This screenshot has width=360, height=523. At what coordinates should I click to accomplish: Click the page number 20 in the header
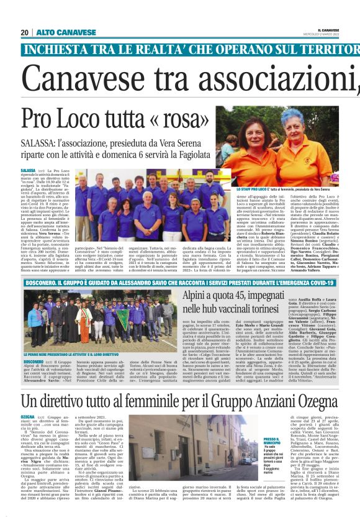click(25, 32)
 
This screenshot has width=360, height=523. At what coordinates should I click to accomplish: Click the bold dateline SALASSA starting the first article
click(28, 170)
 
